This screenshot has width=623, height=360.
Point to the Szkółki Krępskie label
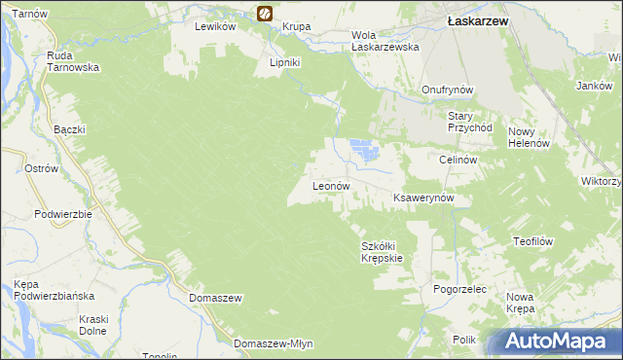coord(382,252)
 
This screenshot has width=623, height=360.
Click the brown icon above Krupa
coord(264,13)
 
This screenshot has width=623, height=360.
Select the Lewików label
coord(216,27)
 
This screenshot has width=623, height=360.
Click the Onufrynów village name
coord(447,90)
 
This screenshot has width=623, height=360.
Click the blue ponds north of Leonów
coord(363,150)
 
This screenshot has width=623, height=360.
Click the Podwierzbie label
coord(62,214)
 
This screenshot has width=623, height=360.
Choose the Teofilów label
coord(532,240)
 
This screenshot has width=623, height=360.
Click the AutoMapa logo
coord(559,342)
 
